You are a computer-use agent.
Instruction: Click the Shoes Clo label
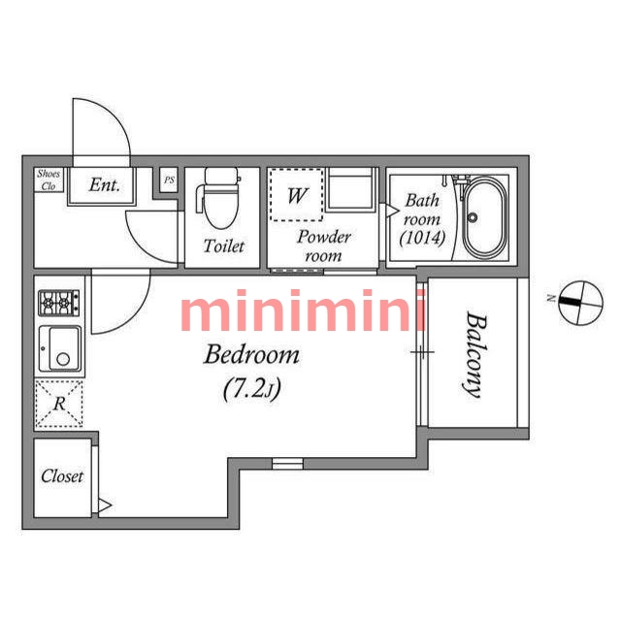(x=49, y=180)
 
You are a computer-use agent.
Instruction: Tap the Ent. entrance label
(x=104, y=185)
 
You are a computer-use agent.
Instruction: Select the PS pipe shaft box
(x=169, y=180)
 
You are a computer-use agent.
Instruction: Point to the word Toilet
(x=224, y=245)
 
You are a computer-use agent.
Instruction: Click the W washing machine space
(x=297, y=195)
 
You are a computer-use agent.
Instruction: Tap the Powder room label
(x=324, y=245)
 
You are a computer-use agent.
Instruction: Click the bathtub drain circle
(x=473, y=217)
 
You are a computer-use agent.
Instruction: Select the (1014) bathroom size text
(x=422, y=238)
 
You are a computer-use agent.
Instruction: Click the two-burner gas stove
(x=58, y=303)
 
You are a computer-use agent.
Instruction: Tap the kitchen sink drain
(x=63, y=359)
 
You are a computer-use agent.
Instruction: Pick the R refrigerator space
(x=59, y=404)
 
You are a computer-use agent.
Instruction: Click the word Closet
(x=62, y=476)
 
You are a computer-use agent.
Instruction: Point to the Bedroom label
(x=251, y=354)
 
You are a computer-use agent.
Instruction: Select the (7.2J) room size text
(x=252, y=389)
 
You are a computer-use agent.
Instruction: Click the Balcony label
(x=474, y=354)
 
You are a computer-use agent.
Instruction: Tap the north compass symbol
(x=580, y=303)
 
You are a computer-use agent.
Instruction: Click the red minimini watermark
(x=303, y=310)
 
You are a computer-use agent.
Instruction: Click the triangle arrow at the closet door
(x=105, y=506)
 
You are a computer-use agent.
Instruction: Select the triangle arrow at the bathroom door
(x=392, y=211)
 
